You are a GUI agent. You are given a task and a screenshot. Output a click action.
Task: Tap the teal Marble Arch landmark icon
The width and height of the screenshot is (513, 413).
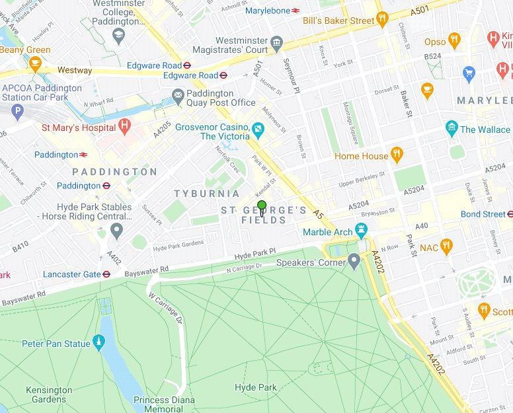tap(361, 231)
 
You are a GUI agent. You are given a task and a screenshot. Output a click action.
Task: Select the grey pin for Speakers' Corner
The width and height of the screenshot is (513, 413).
tap(354, 262)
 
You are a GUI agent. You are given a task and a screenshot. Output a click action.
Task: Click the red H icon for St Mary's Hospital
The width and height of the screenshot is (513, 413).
tap(124, 127)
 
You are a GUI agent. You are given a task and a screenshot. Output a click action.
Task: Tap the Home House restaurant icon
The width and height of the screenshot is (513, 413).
tap(397, 155)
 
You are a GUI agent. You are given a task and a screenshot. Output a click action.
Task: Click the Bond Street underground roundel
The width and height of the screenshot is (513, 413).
tap(510, 214)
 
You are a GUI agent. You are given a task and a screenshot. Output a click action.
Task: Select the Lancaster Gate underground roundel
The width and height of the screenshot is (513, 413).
tap(106, 274)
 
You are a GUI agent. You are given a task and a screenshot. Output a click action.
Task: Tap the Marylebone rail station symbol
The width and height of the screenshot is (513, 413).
tap(296, 11)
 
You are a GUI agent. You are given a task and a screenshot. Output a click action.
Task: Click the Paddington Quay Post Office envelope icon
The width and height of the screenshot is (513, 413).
tap(178, 96)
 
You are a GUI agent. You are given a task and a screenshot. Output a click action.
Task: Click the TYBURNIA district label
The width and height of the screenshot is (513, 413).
tap(207, 194)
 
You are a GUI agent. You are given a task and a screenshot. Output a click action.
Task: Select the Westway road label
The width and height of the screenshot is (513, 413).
tap(75, 69)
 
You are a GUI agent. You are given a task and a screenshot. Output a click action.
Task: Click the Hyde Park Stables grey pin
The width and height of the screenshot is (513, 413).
tap(117, 231)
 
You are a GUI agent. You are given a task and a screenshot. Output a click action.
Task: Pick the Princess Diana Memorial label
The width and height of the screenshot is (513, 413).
tap(164, 404)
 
